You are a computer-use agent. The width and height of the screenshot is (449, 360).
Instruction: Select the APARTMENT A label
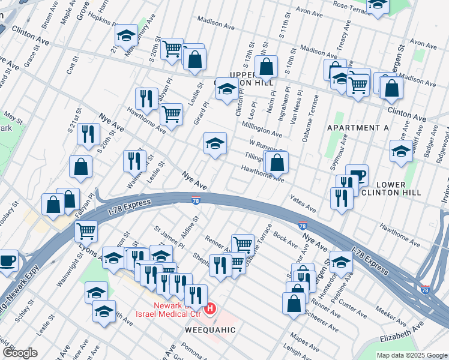[358, 128]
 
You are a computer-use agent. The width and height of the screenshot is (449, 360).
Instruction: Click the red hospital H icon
[210, 309]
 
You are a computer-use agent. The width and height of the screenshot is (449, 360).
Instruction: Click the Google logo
[20, 352]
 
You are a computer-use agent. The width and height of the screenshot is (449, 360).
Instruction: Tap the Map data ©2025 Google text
[411, 355]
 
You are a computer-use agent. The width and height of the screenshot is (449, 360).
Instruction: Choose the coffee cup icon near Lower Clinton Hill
[357, 175]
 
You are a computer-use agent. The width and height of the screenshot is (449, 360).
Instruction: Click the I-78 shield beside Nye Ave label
[196, 200]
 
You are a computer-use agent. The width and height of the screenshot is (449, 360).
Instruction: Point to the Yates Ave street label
[303, 203]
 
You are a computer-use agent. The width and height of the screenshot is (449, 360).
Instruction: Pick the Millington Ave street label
[262, 128]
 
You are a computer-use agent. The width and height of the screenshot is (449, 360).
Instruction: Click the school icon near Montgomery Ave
[126, 36]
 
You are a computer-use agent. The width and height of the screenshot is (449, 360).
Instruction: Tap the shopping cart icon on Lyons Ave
[86, 229]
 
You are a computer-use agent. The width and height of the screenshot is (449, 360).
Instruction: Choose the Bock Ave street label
[285, 238]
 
